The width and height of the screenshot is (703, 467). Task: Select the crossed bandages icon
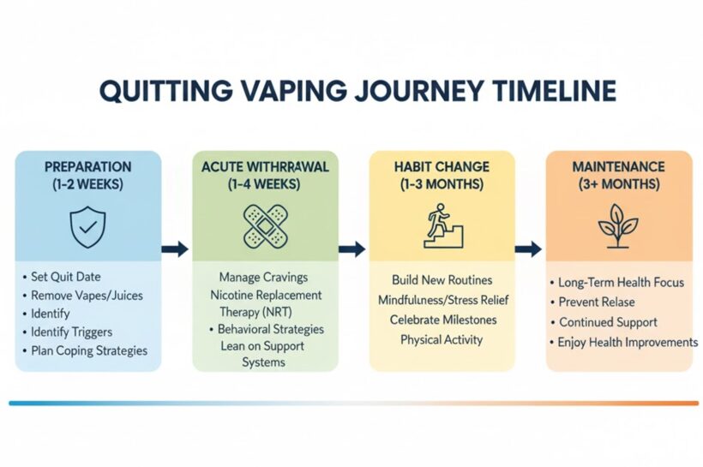265,226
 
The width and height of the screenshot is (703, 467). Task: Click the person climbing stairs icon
443,226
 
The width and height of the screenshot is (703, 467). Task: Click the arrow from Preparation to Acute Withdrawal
175,248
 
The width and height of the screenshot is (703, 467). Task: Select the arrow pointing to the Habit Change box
352,248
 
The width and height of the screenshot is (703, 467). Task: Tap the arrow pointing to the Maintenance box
529,248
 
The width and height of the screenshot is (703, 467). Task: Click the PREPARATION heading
87,167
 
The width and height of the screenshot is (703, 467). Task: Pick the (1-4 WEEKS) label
264,184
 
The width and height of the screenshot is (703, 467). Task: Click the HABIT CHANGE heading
442,167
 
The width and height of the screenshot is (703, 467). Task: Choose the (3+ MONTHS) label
619,184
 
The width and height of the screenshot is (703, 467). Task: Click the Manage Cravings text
264,277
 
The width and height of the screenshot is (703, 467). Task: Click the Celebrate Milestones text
443,320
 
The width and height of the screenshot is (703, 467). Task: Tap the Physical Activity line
442,339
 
